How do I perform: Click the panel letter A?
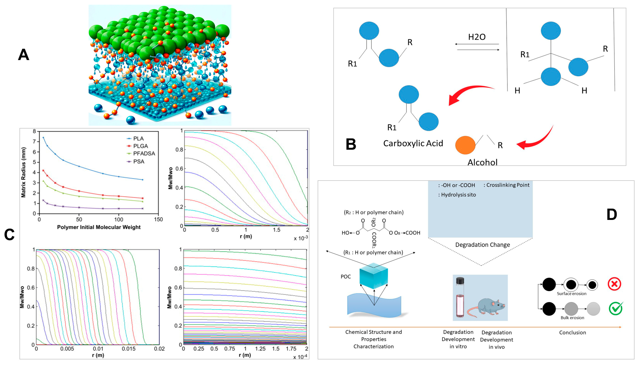(x=24, y=55)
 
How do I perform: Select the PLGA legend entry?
(x=140, y=146)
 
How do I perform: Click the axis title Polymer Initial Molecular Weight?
(x=99, y=227)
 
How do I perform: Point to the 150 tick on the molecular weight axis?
(x=158, y=220)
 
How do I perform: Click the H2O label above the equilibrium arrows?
(x=477, y=37)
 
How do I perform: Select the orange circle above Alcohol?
(x=465, y=145)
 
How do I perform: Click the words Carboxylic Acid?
(x=413, y=143)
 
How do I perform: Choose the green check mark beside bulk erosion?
(x=615, y=308)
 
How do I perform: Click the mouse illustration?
(x=487, y=308)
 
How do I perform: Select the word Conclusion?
(x=572, y=332)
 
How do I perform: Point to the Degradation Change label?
(x=482, y=245)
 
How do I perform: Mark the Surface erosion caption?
(x=571, y=294)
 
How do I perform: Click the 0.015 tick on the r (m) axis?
(x=129, y=349)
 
